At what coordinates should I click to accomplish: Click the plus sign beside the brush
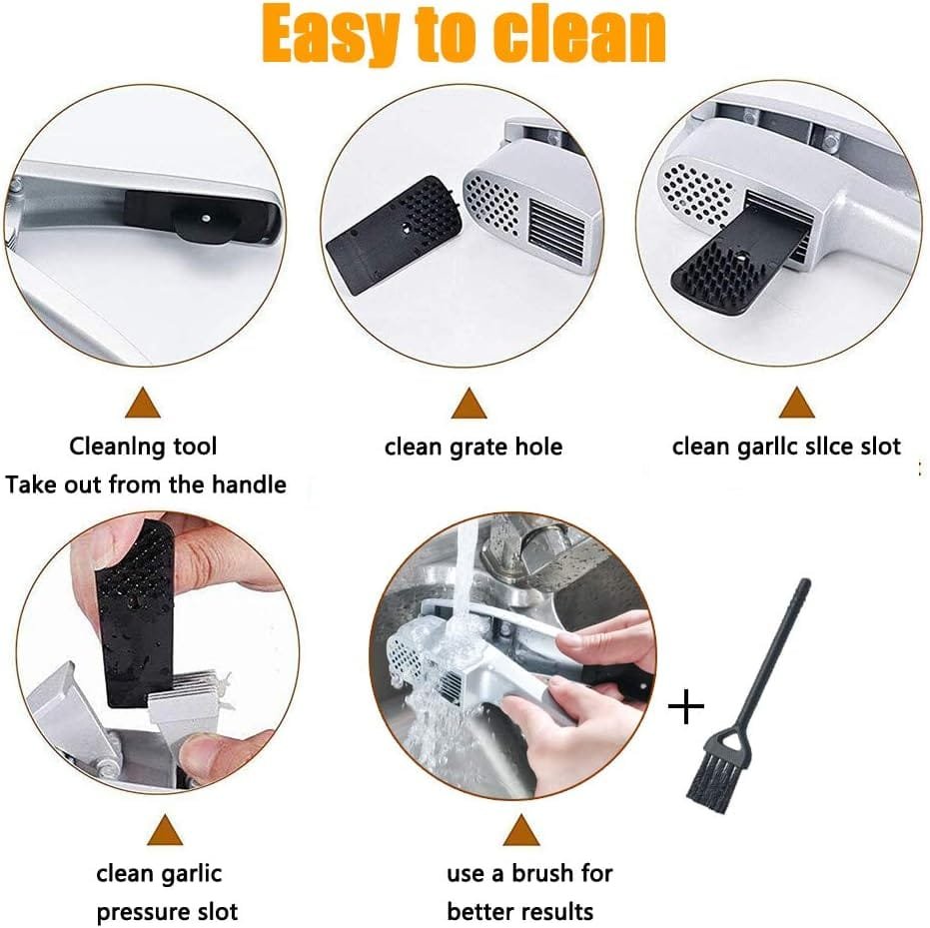coord(685,708)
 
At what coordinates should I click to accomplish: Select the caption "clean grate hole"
coord(472,447)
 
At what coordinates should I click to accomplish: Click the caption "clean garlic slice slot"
coord(786,446)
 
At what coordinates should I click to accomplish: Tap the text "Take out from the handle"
coord(146,484)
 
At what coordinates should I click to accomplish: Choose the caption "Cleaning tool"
coord(143,446)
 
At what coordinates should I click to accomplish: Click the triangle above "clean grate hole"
coord(467,405)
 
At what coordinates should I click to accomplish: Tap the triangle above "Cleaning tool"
coord(144,405)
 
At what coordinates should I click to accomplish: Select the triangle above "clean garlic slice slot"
coord(796,404)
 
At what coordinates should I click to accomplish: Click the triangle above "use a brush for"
coord(520,830)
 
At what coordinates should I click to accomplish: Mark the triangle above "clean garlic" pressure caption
coord(163,830)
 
